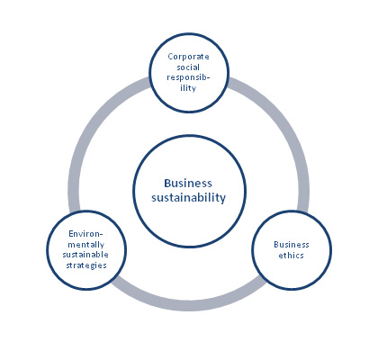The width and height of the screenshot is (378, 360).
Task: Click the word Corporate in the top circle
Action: tap(188, 57)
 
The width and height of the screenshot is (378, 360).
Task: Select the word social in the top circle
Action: tap(188, 67)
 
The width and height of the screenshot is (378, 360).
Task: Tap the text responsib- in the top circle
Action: tap(188, 77)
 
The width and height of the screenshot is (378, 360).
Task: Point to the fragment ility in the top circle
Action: tap(188, 88)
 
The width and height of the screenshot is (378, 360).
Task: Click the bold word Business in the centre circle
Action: tap(188, 183)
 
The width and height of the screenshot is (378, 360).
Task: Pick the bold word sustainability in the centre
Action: tap(188, 198)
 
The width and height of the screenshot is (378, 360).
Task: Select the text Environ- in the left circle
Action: tap(85, 234)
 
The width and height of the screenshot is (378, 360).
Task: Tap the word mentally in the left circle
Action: tap(85, 245)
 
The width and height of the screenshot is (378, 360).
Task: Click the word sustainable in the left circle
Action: tap(85, 255)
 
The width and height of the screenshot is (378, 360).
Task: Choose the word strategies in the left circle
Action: tap(86, 265)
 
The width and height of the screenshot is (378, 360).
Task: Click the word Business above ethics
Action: tap(292, 245)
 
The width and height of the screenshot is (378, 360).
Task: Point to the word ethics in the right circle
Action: tap(291, 256)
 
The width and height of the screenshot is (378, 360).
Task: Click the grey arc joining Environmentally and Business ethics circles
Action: tap(188, 303)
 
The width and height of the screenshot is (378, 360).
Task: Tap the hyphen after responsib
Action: tap(208, 78)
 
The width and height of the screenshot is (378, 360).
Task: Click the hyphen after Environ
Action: tap(101, 234)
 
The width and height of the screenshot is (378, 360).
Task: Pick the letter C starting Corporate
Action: tap(170, 57)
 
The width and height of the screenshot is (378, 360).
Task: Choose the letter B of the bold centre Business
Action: tap(167, 183)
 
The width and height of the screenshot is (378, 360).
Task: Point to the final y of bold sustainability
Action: tap(222, 199)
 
